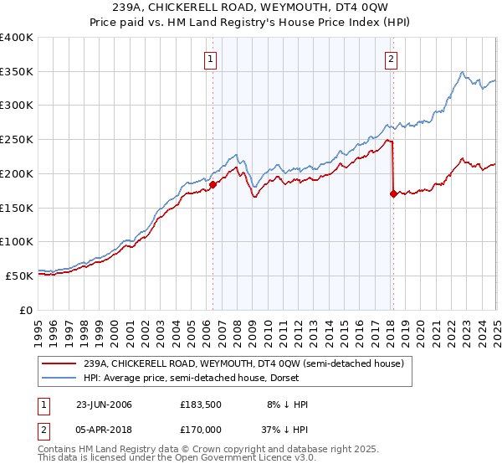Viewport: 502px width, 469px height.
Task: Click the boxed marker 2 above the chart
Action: point(392,59)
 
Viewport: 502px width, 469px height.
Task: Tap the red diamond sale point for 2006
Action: point(213,184)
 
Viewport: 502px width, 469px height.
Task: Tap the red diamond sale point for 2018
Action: point(393,193)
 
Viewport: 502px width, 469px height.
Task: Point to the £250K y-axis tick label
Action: point(17,139)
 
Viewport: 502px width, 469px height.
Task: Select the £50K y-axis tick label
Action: point(20,276)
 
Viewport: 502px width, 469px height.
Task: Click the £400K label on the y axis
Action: point(17,38)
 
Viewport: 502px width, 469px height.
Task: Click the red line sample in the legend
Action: point(59,363)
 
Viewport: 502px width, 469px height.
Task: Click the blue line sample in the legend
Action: point(59,378)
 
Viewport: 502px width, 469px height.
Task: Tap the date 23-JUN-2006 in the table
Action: point(104,405)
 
